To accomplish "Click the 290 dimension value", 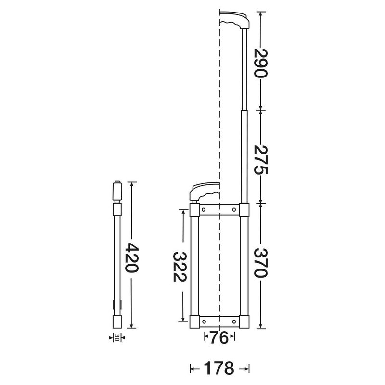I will click(260, 63).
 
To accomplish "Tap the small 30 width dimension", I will click(116, 338).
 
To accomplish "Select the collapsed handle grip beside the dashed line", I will click(205, 191).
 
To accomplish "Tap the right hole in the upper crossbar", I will click(234, 209).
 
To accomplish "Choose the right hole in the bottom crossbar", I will click(234, 321).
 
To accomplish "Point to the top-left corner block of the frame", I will click(194, 210).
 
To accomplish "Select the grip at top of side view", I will click(116, 191).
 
